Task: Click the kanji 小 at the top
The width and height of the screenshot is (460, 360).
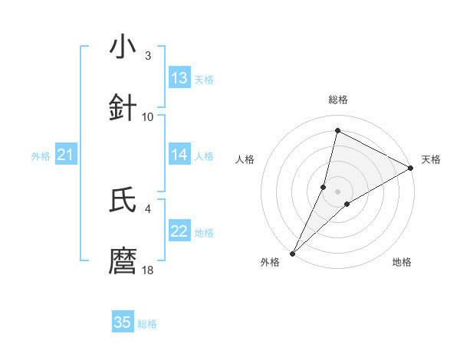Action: (123, 47)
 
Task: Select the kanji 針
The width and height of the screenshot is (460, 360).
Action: (123, 108)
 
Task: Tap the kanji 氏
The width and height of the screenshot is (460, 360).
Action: (123, 200)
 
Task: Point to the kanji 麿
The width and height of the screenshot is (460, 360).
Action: (123, 260)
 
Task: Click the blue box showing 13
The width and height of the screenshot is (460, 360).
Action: (179, 78)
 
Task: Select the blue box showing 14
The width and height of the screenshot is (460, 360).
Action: (179, 155)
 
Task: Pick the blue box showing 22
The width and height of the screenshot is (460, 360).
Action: (179, 231)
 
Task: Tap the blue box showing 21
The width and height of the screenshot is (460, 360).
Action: (65, 155)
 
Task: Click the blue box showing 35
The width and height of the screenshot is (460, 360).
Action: (123, 322)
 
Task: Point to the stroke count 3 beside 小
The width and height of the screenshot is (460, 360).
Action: (148, 56)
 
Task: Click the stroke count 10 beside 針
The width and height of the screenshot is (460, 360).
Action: (148, 116)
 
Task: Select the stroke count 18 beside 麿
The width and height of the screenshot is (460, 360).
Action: (148, 270)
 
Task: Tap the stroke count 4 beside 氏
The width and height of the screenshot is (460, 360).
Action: (148, 208)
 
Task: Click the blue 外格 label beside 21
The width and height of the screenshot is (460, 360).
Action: (41, 156)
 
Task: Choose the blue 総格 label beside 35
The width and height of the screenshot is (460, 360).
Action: (147, 324)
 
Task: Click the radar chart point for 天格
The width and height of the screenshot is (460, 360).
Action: (411, 169)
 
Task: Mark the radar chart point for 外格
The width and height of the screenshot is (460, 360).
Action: (292, 253)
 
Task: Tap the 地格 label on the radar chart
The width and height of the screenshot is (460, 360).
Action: (402, 263)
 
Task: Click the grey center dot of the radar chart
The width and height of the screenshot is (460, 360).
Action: (337, 191)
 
